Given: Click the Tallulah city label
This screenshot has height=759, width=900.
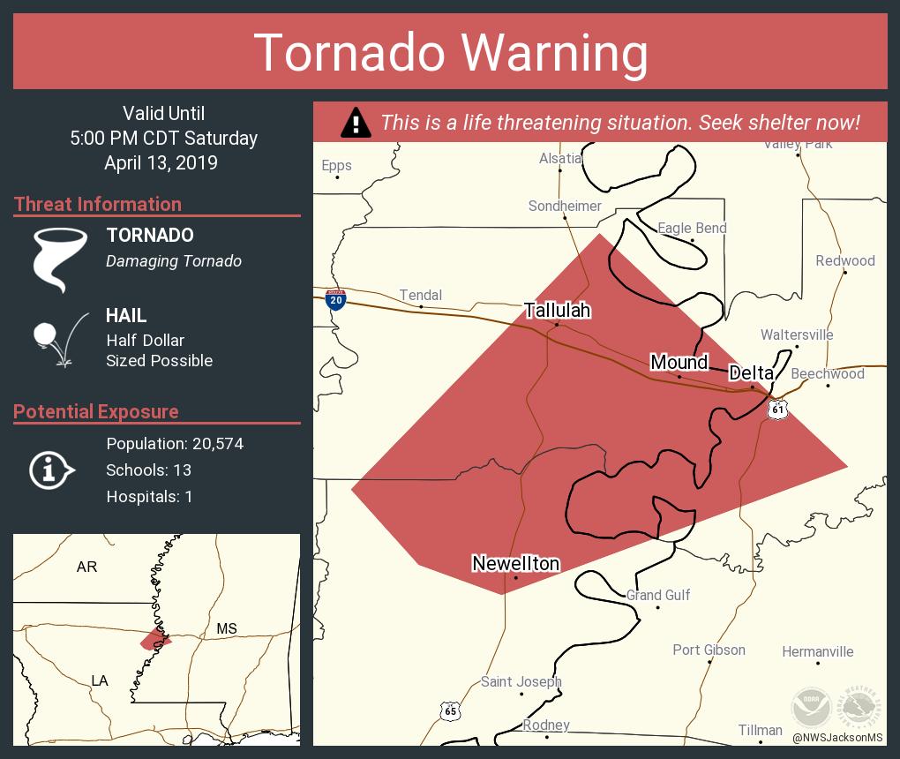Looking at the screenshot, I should pyautogui.click(x=557, y=311).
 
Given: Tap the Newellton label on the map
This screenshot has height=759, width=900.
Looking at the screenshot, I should pyautogui.click(x=515, y=563).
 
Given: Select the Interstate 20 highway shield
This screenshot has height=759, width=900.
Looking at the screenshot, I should pyautogui.click(x=335, y=299).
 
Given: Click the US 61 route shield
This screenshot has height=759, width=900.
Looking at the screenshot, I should pyautogui.click(x=776, y=410).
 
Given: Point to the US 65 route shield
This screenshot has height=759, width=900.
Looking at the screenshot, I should pyautogui.click(x=450, y=709).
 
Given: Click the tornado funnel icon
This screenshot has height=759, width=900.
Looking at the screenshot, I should pyautogui.click(x=59, y=259).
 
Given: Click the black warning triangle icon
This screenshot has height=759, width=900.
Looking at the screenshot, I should pyautogui.click(x=355, y=123).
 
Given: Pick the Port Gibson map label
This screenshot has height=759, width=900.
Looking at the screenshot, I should pyautogui.click(x=709, y=650).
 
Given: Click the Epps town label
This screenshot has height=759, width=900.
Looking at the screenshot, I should pyautogui.click(x=336, y=166).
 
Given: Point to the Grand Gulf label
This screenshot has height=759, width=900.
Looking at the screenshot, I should pyautogui.click(x=658, y=596).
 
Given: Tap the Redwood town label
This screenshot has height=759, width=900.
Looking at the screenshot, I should pyautogui.click(x=844, y=261).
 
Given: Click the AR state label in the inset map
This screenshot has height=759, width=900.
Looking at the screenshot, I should pyautogui.click(x=86, y=567).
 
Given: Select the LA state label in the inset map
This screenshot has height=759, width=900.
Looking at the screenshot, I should pyautogui.click(x=100, y=680).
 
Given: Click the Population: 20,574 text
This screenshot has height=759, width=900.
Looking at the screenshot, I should pyautogui.click(x=175, y=444).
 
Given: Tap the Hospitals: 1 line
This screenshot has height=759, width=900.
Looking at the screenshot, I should pyautogui.click(x=149, y=497).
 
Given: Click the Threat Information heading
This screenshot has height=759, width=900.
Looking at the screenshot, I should pyautogui.click(x=98, y=204).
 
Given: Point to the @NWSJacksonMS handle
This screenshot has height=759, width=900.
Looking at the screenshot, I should pyautogui.click(x=836, y=738).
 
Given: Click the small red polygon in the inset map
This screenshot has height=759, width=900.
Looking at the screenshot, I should pyautogui.click(x=154, y=640).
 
